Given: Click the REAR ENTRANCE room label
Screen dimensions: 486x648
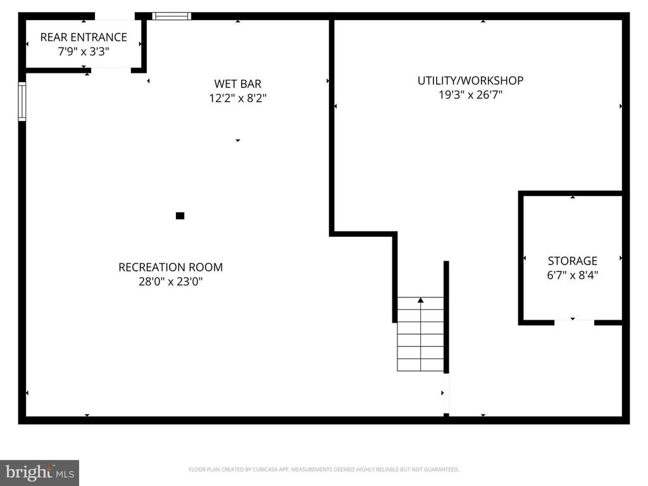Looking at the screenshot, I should pyautogui.click(x=84, y=37).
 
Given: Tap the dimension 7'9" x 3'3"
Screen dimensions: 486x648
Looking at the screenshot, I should pyautogui.click(x=84, y=52).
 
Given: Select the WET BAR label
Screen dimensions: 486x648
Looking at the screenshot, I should pyautogui.click(x=237, y=84).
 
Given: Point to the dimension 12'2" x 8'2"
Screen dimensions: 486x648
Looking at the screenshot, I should pyautogui.click(x=237, y=98).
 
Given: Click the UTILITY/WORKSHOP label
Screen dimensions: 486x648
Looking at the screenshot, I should pyautogui.click(x=470, y=80).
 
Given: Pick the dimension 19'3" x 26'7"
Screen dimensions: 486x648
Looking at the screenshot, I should pyautogui.click(x=470, y=95).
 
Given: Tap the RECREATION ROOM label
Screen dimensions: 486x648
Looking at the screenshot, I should pyautogui.click(x=171, y=267).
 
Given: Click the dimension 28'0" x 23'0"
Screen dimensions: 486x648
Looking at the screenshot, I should pyautogui.click(x=171, y=282).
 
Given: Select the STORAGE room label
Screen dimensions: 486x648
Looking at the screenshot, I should pyautogui.click(x=573, y=261).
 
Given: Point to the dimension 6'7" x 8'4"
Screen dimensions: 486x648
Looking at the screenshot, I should pyautogui.click(x=573, y=275).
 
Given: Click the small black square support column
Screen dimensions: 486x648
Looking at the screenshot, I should pyautogui.click(x=180, y=216).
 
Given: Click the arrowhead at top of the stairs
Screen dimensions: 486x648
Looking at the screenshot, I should pyautogui.click(x=421, y=300).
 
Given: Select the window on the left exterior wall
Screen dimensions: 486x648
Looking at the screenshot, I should pyautogui.click(x=22, y=102).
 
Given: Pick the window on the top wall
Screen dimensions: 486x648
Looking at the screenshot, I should pyautogui.click(x=171, y=16).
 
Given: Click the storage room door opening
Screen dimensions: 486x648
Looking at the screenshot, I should pyautogui.click(x=574, y=323).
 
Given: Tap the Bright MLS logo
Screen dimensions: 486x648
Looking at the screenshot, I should pyautogui.click(x=39, y=472).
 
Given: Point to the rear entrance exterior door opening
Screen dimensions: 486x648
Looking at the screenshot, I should pyautogui.click(x=115, y=16).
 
